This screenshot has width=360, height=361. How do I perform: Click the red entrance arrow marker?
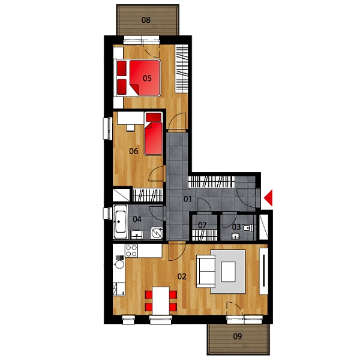(269, 198)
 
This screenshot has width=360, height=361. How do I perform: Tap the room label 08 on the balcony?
(146, 20)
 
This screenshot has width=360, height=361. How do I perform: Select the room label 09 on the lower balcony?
(238, 336)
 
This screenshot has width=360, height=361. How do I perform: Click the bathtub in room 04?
(120, 222)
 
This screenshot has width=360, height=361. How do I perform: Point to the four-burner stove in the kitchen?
(131, 251)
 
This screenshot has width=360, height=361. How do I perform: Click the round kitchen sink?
(119, 264)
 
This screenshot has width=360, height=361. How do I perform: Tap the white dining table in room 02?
(161, 300)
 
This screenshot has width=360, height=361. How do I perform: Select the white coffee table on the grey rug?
(228, 272)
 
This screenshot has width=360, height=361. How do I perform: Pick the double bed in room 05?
(137, 78)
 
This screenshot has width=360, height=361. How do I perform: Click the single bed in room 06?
(154, 134)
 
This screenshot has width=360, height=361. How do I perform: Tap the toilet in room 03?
(248, 228)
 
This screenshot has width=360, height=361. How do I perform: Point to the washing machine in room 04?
(157, 233)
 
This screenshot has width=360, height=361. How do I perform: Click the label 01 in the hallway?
(187, 199)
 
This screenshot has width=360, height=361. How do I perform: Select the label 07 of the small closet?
(202, 225)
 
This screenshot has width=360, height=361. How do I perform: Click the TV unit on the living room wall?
(264, 271)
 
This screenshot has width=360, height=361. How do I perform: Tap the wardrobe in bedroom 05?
(182, 69)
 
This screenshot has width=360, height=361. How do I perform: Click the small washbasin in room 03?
(235, 236)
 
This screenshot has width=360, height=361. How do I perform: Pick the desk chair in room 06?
(130, 128)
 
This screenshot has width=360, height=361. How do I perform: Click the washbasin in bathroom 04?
(137, 234)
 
